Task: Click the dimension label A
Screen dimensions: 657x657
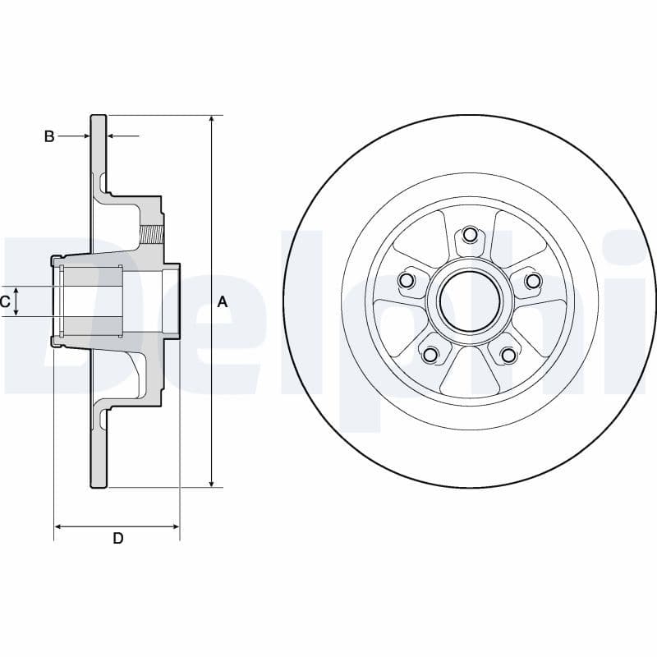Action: [222, 302]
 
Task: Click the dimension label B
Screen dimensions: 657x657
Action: [49, 136]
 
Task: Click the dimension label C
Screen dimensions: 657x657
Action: [6, 302]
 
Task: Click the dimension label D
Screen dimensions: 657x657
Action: [117, 538]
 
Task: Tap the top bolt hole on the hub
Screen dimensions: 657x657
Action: [470, 235]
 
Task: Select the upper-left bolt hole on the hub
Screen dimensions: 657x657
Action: [405, 282]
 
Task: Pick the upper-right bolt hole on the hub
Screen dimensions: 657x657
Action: [533, 282]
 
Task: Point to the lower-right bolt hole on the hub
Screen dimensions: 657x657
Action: [508, 355]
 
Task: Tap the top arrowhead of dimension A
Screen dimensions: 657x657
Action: [212, 120]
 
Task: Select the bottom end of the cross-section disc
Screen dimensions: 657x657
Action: [99, 485]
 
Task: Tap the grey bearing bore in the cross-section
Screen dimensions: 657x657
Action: [92, 301]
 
